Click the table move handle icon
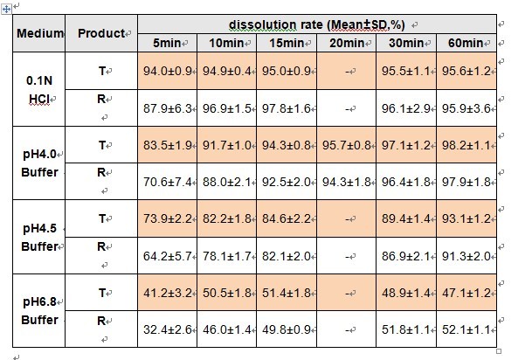coord(6,9)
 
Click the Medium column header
coord(40,33)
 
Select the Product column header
coord(101,33)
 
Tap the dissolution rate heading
coord(317,24)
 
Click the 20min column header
coord(347,43)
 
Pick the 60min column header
coord(466,43)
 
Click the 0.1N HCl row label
coord(39,90)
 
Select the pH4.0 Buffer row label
coord(39,163)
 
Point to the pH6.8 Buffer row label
coord(39,311)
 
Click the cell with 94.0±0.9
coord(168,71)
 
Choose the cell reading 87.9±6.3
coord(168,108)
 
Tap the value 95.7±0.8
coord(347,145)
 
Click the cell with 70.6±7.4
coord(168,183)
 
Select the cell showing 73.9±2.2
coord(168,218)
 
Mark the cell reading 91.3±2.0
coord(466,256)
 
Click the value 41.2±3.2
coord(168,293)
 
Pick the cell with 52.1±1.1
coord(466,329)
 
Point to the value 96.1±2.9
coord(406,108)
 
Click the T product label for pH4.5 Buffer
coord(102,218)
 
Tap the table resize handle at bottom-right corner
coord(499,351)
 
